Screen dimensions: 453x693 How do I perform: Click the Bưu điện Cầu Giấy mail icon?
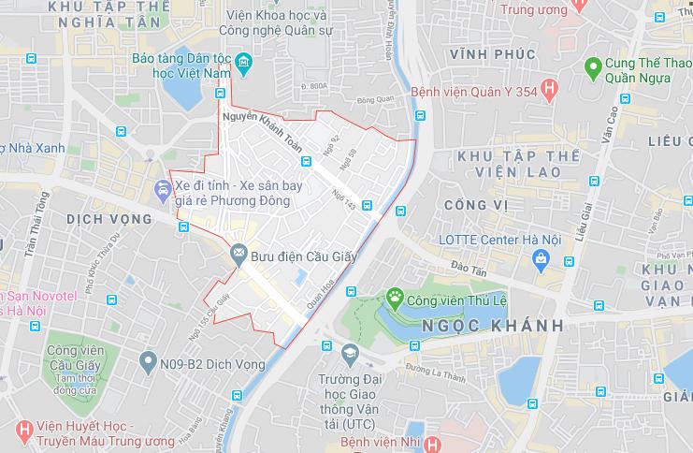(238, 253)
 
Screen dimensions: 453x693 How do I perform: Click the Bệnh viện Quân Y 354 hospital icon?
(549, 91)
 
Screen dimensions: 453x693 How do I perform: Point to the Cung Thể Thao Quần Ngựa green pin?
(591, 67)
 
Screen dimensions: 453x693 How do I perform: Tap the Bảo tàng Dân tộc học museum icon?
(244, 65)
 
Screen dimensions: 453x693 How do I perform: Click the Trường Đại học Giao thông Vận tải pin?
(350, 354)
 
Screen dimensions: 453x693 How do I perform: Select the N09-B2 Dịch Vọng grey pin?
(147, 360)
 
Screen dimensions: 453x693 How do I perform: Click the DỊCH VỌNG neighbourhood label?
(109, 218)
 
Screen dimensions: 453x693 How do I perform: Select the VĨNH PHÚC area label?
(493, 54)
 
